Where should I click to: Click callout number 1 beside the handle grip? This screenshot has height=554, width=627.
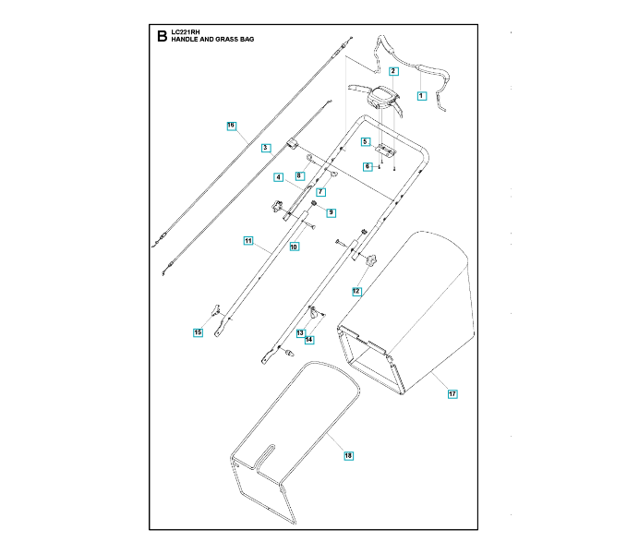[420, 95]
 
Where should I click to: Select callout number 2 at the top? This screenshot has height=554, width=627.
[392, 71]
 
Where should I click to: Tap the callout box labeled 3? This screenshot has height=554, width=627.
[264, 148]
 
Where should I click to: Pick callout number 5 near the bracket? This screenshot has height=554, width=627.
[366, 142]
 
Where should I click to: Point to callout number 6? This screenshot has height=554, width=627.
[367, 167]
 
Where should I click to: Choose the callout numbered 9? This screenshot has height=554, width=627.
[331, 212]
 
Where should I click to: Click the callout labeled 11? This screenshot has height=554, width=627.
[247, 241]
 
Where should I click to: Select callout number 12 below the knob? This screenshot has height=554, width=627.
[356, 291]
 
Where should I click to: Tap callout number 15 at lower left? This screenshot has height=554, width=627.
[198, 331]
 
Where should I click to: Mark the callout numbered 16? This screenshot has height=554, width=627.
[231, 125]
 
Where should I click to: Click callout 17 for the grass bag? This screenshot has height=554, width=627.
[452, 394]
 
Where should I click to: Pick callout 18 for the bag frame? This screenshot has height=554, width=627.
[348, 455]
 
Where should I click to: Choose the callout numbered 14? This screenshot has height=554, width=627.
[309, 340]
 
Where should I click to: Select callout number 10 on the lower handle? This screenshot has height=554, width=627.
[294, 247]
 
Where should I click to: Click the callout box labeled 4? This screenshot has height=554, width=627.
[277, 176]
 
